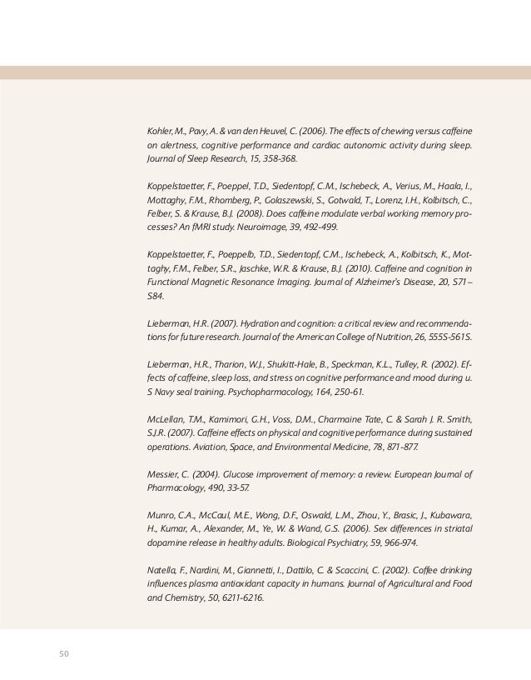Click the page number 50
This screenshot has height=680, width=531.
pos(62,652)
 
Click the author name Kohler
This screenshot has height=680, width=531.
pos(159,129)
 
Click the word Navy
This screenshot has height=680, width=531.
pos(167,391)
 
